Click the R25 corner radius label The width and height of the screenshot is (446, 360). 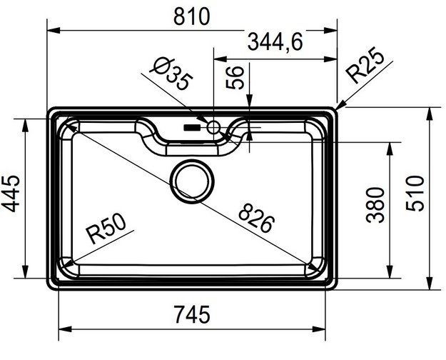[x=365, y=68]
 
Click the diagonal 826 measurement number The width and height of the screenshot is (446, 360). [x=255, y=219]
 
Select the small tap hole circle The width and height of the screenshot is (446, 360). [x=213, y=128]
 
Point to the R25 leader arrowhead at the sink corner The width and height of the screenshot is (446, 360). [x=340, y=108]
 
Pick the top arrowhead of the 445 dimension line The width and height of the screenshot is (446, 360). [x=26, y=121]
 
